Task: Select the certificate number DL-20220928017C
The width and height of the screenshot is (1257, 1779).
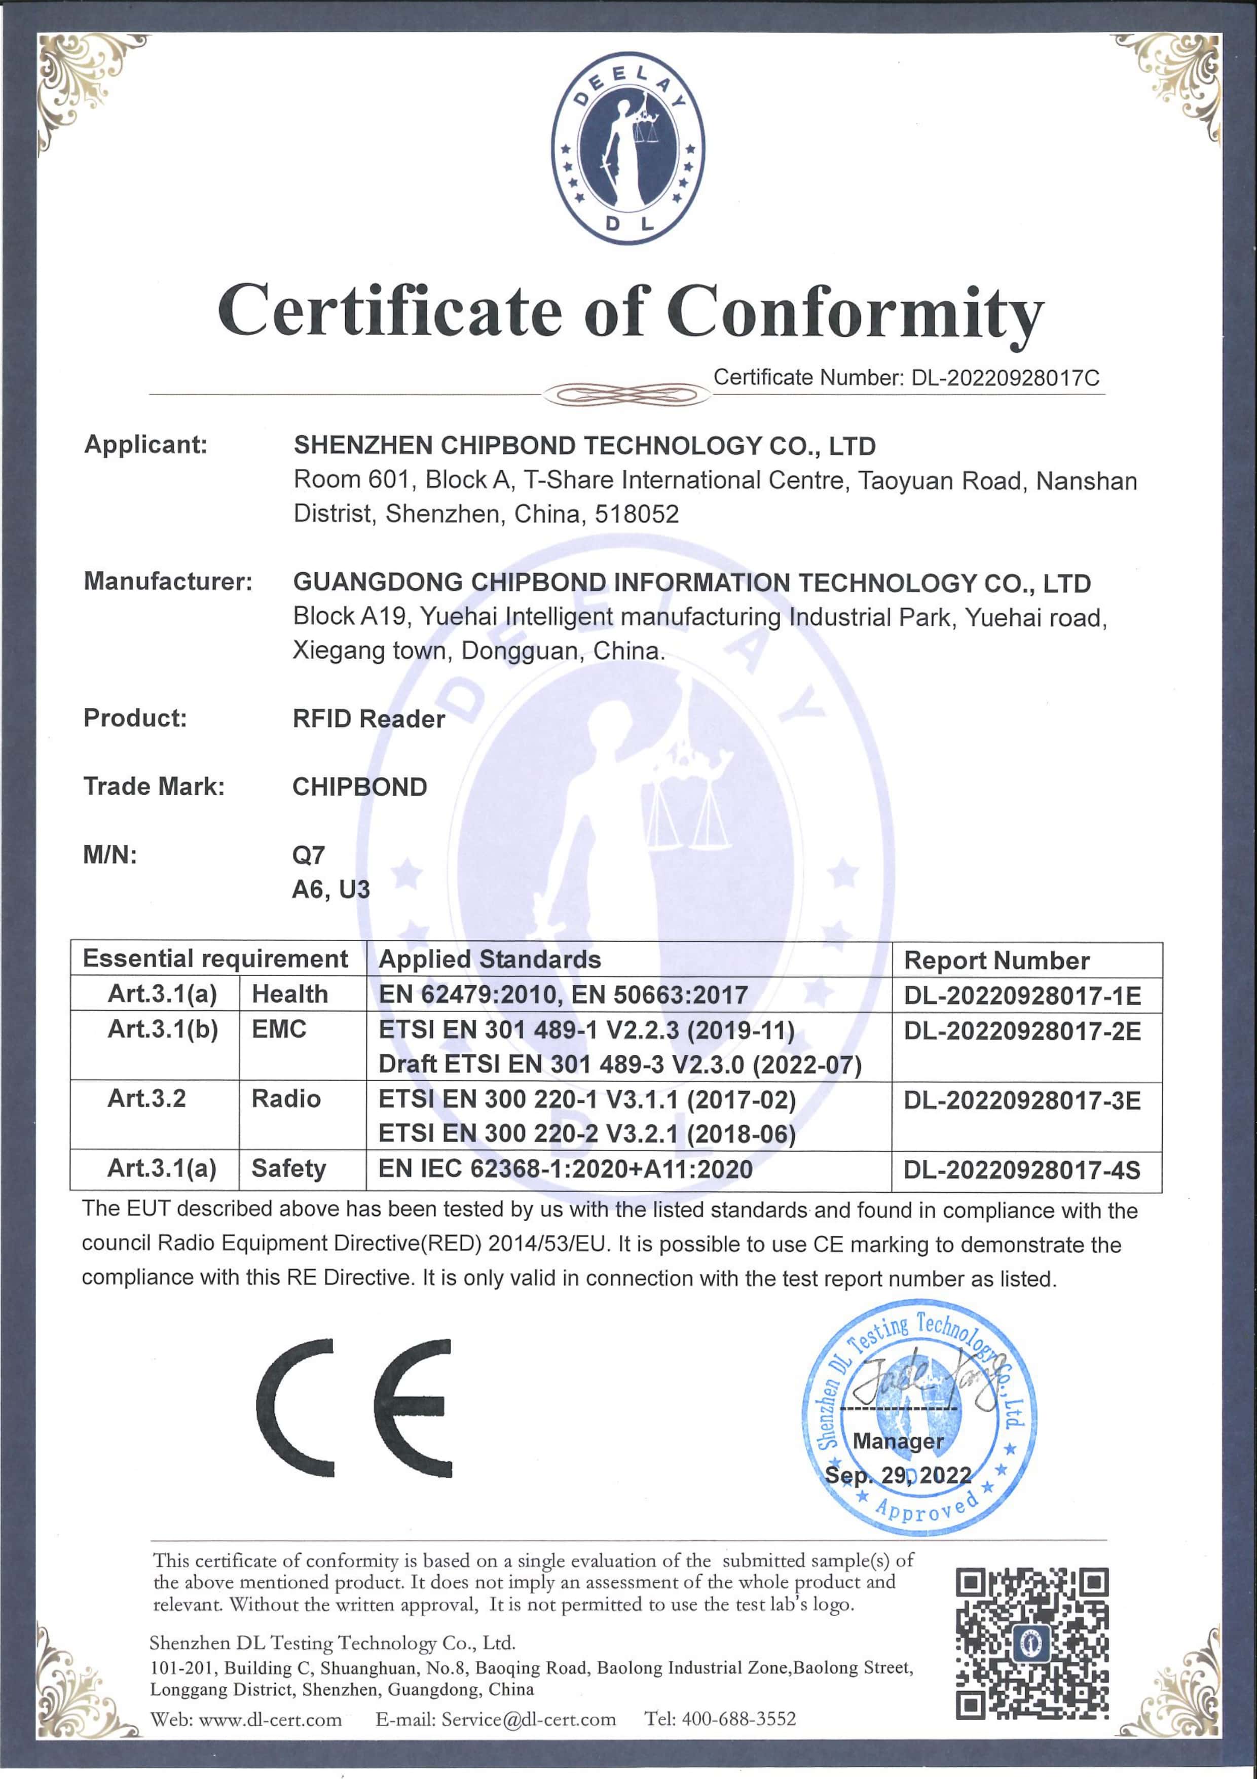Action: click(1005, 378)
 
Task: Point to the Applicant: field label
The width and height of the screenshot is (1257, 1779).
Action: click(145, 445)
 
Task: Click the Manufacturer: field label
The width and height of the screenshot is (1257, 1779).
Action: click(168, 581)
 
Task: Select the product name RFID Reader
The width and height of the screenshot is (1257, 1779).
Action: click(368, 719)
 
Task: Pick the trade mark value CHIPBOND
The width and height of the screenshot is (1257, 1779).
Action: click(359, 787)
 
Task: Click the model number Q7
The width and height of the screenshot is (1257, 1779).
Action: click(308, 856)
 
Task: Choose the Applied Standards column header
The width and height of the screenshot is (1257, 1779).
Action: click(490, 959)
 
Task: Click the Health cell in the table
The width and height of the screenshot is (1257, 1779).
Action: click(289, 994)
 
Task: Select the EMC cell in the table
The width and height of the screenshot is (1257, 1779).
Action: click(279, 1030)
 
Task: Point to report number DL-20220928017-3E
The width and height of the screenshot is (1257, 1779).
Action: click(1021, 1100)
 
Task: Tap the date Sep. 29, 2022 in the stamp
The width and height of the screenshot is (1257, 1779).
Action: click(898, 1475)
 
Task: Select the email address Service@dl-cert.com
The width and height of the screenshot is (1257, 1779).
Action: click(528, 1719)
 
